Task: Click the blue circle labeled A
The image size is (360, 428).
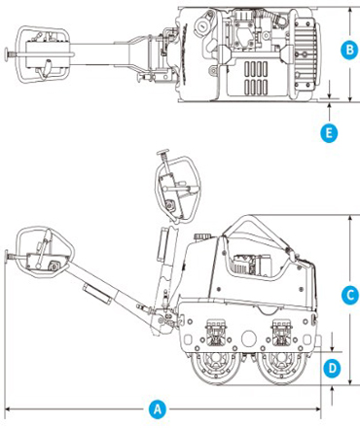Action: [x=157, y=410]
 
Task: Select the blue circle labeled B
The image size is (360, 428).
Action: [x=349, y=51]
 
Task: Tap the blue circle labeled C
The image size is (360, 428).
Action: [x=350, y=296]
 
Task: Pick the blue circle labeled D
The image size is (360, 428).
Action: [x=332, y=369]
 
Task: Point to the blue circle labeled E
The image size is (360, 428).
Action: [x=329, y=133]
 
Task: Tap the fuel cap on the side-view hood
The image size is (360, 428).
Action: [x=202, y=235]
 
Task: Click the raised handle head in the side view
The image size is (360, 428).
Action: [x=177, y=189]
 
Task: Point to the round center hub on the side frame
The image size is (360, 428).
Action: [x=249, y=339]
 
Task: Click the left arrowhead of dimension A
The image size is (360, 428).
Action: [x=8, y=410]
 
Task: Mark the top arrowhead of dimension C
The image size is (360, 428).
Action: [x=350, y=218]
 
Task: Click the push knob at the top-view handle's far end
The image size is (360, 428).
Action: [x=7, y=53]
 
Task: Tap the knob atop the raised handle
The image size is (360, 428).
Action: [x=163, y=152]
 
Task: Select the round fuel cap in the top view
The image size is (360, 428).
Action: [x=201, y=25]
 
